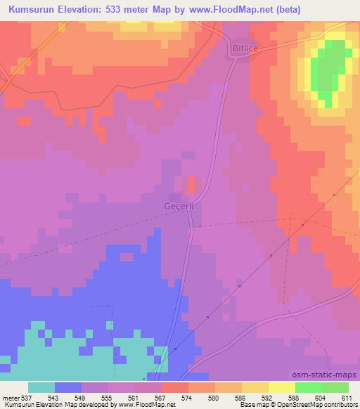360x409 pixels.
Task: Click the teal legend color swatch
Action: point(41,388)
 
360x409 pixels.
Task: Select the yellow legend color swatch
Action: point(282,388)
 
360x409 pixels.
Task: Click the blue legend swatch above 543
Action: point(68,388)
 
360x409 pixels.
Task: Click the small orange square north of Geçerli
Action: point(192,184)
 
